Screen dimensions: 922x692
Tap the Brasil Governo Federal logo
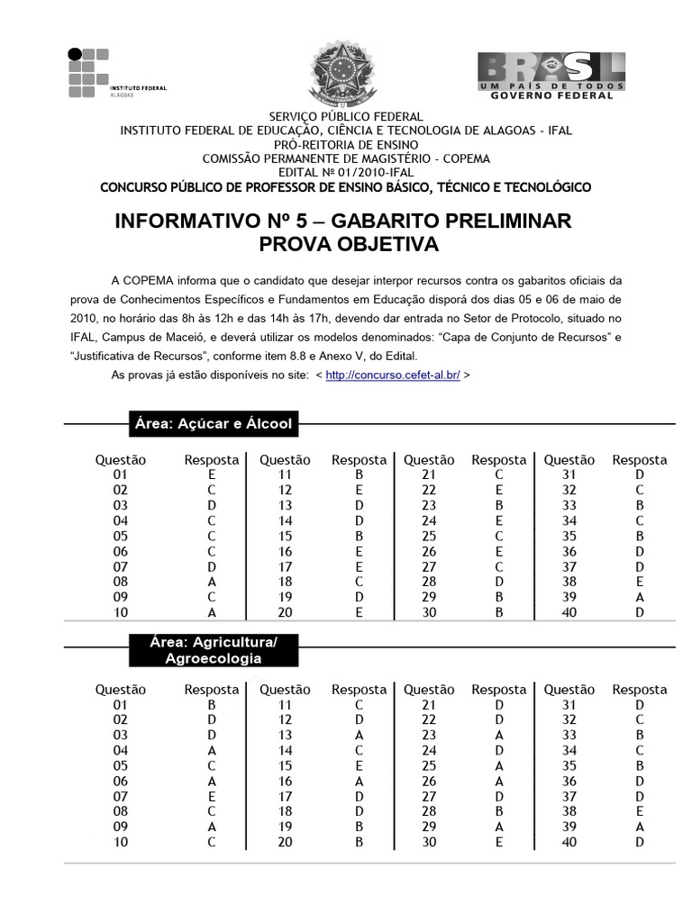pyautogui.click(x=551, y=76)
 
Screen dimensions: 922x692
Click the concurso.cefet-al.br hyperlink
pyautogui.click(x=392, y=374)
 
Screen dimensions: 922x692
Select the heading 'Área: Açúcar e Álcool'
pyautogui.click(x=213, y=423)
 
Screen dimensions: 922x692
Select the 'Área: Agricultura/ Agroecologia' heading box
pyautogui.click(x=213, y=650)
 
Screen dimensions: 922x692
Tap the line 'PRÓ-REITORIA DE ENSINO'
pyautogui.click(x=346, y=144)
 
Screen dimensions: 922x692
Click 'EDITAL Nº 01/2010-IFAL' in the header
pyautogui.click(x=346, y=172)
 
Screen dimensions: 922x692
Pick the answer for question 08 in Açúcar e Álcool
pyautogui.click(x=212, y=582)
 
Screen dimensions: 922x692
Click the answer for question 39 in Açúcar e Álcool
pyautogui.click(x=639, y=597)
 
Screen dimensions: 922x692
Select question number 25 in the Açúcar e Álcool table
pyautogui.click(x=429, y=536)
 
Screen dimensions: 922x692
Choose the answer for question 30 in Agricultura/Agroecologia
pyautogui.click(x=498, y=842)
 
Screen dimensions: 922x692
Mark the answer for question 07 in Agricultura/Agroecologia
pyautogui.click(x=212, y=797)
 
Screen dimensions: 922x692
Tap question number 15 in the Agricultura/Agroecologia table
pyautogui.click(x=285, y=766)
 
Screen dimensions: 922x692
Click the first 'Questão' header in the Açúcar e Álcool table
pyautogui.click(x=121, y=460)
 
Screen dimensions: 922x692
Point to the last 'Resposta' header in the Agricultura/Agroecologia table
pyautogui.click(x=639, y=690)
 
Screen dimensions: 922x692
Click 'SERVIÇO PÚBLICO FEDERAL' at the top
pyautogui.click(x=346, y=117)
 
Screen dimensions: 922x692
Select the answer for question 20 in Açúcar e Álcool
pyautogui.click(x=359, y=612)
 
